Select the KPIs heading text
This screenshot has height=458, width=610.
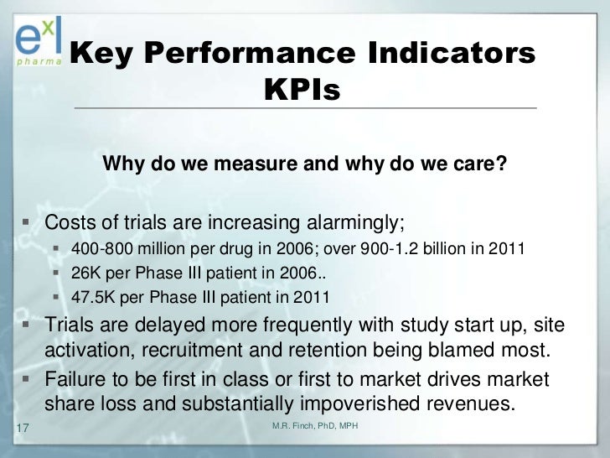coord(302,90)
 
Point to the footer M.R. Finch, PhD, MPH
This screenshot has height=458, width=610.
coord(315,427)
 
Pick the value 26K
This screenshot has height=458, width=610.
coord(86,273)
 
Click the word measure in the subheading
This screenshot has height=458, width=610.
coord(255,164)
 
